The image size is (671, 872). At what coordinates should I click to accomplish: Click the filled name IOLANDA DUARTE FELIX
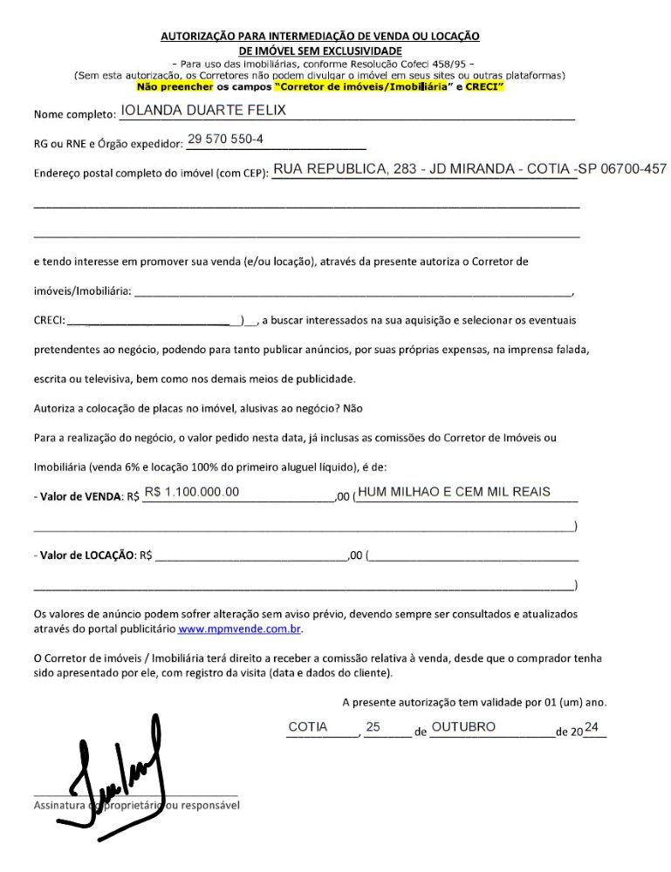pyautogui.click(x=202, y=111)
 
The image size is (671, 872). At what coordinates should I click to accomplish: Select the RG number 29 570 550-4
pyautogui.click(x=225, y=140)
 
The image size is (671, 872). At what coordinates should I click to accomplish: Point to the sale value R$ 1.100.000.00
pyautogui.click(x=191, y=493)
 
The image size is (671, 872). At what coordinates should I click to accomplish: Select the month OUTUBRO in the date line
pyautogui.click(x=463, y=727)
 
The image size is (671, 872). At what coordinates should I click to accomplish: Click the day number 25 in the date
pyautogui.click(x=373, y=727)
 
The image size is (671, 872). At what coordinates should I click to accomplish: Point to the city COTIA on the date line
pyautogui.click(x=308, y=727)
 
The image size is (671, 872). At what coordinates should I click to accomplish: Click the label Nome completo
pyautogui.click(x=74, y=115)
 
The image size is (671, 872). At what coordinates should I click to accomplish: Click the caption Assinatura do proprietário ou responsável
pyautogui.click(x=136, y=806)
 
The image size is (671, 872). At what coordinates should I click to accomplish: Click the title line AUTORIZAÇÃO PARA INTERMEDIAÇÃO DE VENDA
pyautogui.click(x=320, y=36)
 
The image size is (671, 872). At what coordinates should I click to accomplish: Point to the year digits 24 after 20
pyautogui.click(x=592, y=727)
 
